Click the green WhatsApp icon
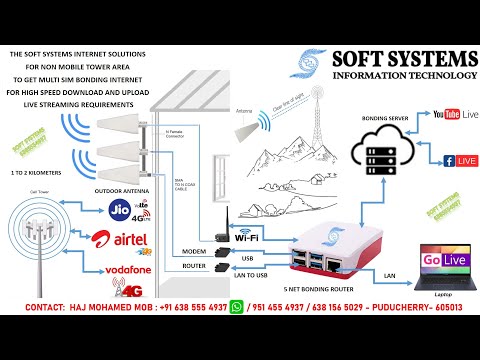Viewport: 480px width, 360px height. (236, 309)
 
